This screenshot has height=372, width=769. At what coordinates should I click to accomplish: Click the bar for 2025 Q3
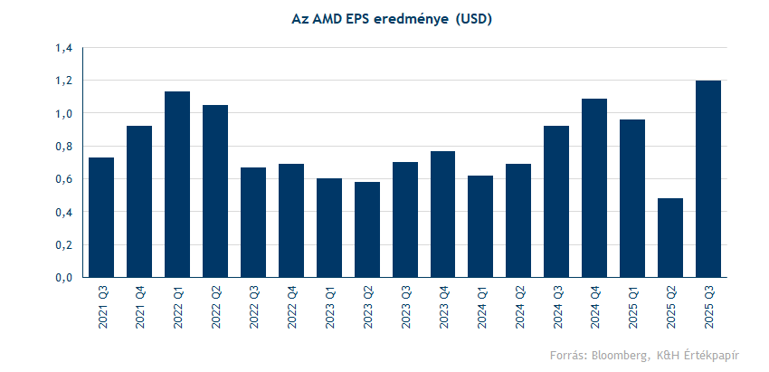tap(708, 179)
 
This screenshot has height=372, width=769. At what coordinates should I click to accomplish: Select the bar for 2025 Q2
tap(670, 238)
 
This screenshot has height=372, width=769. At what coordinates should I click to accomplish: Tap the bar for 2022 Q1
tap(177, 185)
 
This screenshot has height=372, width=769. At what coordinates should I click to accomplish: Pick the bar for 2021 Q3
tap(101, 217)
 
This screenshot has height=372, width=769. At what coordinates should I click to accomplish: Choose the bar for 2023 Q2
tap(367, 230)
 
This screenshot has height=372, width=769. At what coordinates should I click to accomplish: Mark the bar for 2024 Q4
tap(594, 188)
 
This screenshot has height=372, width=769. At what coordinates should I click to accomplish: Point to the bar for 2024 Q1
tap(480, 226)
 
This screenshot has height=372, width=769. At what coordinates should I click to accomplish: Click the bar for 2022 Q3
tap(253, 223)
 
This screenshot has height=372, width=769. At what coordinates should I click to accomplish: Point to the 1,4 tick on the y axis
tap(62, 48)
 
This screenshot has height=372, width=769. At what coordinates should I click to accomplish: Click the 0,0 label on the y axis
tap(62, 278)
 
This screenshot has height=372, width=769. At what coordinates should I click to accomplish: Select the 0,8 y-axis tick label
tap(62, 147)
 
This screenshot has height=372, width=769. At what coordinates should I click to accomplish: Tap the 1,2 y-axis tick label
tap(62, 81)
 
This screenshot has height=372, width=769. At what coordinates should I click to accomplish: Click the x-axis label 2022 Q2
tap(216, 307)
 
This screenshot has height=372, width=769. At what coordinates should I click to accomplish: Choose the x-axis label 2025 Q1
tap(633, 307)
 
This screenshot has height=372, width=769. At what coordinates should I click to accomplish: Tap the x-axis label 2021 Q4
tap(140, 307)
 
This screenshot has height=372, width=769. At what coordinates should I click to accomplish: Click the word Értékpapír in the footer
tap(711, 354)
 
